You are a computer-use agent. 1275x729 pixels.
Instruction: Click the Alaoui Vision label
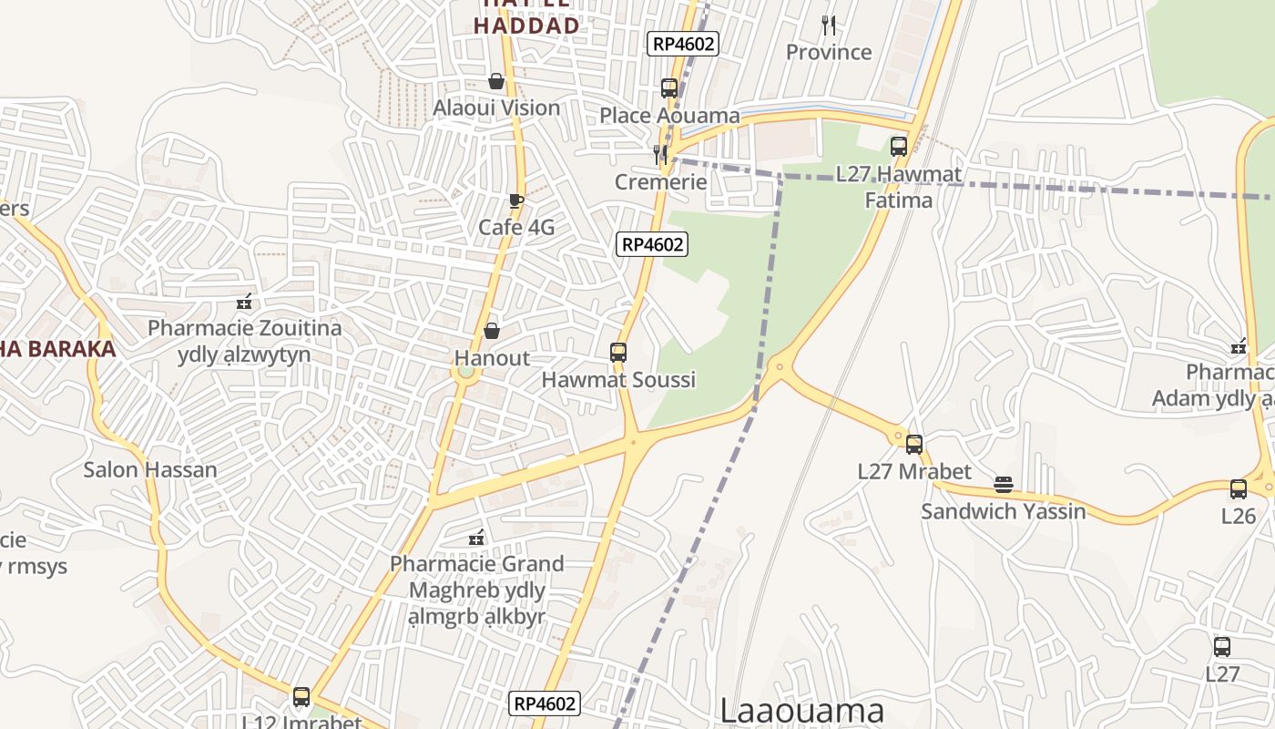[x=496, y=108]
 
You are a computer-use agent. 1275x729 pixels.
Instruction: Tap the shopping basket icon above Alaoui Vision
[x=496, y=82]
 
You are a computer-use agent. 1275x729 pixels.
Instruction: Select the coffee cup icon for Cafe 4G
[x=516, y=201]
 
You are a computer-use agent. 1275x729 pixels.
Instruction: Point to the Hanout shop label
[x=492, y=358]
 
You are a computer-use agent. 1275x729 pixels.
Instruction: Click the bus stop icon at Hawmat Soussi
[x=618, y=353]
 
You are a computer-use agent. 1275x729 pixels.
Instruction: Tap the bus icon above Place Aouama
[x=669, y=88]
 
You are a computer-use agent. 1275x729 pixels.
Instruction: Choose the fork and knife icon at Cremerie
[x=660, y=155]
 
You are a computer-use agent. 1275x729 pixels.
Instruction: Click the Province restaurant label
[x=829, y=52]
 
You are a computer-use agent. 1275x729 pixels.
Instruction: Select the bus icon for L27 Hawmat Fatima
[x=899, y=147]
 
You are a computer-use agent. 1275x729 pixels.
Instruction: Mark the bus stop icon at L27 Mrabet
[x=914, y=445]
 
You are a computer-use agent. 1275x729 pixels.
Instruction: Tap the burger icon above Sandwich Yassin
[x=1004, y=485]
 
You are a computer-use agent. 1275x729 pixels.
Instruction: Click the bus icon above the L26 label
[x=1239, y=489]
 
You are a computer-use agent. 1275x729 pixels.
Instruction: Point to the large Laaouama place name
[x=801, y=710]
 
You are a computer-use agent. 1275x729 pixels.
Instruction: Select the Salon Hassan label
[x=150, y=470]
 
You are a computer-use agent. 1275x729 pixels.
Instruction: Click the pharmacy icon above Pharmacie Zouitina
[x=244, y=302]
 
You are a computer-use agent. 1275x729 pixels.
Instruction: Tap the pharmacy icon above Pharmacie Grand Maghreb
[x=476, y=538]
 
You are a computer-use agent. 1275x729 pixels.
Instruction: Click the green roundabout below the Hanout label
[x=465, y=372]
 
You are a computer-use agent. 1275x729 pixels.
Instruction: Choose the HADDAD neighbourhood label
[x=526, y=25]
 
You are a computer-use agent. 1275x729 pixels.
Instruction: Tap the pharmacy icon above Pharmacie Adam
[x=1239, y=346]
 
